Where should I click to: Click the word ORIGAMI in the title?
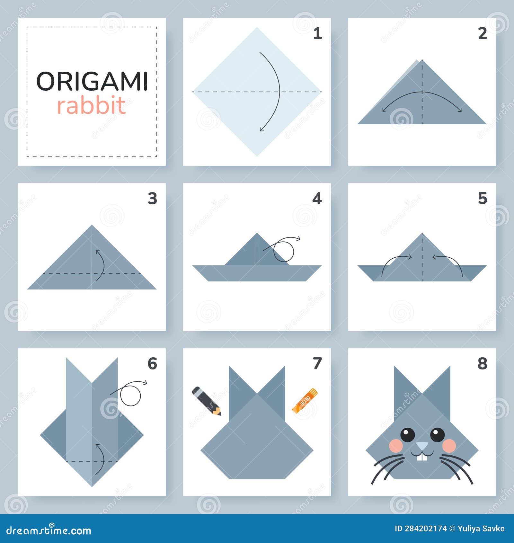click(x=92, y=81)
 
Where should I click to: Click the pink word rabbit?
click(x=92, y=105)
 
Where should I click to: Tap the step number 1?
click(x=317, y=33)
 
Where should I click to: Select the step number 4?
click(x=317, y=199)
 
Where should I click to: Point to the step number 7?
click(x=317, y=363)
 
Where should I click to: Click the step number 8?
click(x=482, y=364)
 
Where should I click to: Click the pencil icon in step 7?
click(x=206, y=401)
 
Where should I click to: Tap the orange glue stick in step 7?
click(x=305, y=400)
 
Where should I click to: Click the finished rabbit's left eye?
click(x=408, y=435)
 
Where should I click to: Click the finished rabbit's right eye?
click(x=437, y=435)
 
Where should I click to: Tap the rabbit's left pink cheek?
click(x=396, y=446)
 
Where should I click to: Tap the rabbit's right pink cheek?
click(x=449, y=446)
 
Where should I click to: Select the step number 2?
click(x=483, y=33)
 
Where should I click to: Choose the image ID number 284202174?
click(x=425, y=529)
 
